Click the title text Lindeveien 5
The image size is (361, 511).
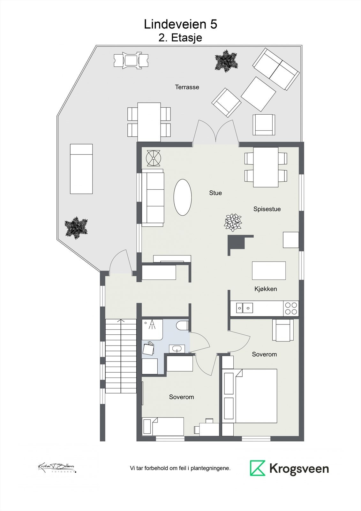(x=180, y=24)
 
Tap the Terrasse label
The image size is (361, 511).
(x=187, y=87)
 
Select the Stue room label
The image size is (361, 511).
(x=215, y=193)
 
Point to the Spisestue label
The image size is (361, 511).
(x=267, y=209)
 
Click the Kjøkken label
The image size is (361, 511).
(x=266, y=289)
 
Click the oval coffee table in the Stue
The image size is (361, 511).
(x=183, y=197)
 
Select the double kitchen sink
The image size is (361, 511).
(x=244, y=308)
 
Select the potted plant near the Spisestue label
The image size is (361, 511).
(x=233, y=222)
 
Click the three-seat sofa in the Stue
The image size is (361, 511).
(x=153, y=198)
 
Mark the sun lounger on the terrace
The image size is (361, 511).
(x=81, y=169)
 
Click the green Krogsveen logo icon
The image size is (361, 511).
(x=257, y=468)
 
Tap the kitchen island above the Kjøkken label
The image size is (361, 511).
(x=269, y=271)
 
